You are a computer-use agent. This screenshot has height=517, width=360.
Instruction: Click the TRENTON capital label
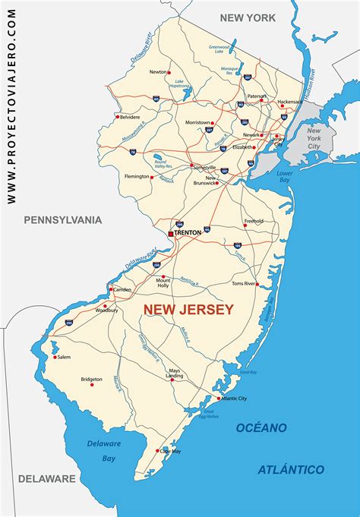(x=188, y=232)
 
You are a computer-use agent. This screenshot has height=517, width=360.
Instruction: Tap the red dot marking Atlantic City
(x=219, y=399)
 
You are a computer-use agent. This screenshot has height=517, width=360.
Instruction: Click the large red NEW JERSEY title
(x=188, y=309)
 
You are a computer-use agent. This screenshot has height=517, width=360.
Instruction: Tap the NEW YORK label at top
(x=248, y=17)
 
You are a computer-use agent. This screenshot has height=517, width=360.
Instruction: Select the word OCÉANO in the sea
(x=261, y=427)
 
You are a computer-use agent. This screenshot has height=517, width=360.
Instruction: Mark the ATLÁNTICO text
(x=292, y=469)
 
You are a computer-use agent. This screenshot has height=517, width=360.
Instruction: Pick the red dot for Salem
(x=55, y=356)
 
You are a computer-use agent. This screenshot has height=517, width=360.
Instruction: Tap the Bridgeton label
(x=91, y=379)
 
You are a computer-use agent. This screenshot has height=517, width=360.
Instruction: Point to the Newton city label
(x=158, y=72)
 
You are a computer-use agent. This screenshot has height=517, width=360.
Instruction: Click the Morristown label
(x=197, y=122)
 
